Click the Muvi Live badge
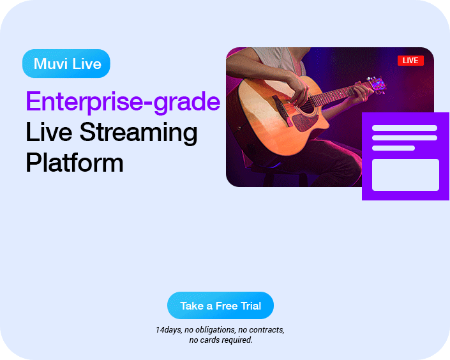click(x=66, y=63)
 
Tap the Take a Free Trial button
click(x=220, y=306)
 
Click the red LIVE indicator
click(x=410, y=61)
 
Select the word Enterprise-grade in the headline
click(x=123, y=102)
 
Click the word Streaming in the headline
click(x=139, y=132)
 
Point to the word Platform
click(x=75, y=163)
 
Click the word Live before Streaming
click(x=49, y=131)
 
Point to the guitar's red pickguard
click(x=305, y=122)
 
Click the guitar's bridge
click(x=282, y=110)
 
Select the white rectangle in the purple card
click(x=405, y=175)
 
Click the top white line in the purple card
click(x=405, y=128)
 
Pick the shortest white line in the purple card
click(x=393, y=148)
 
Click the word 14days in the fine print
click(x=169, y=330)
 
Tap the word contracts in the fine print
click(x=267, y=330)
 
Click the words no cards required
click(x=221, y=340)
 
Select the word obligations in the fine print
click(x=216, y=330)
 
